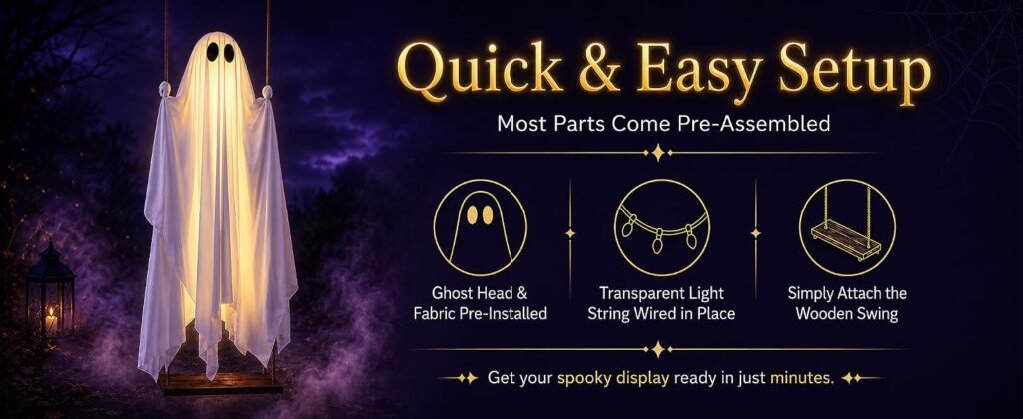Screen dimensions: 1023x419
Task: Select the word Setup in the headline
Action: pos(853,73)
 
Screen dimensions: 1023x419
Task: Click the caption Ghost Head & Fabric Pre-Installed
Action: pos(480,303)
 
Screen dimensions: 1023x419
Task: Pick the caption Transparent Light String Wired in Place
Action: pos(661,303)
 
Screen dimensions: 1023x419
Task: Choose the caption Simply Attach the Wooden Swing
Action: pos(847,303)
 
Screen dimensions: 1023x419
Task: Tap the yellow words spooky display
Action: pos(613,379)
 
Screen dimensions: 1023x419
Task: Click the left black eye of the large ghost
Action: pos(213,52)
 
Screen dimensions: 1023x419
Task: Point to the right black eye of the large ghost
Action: pos(229,53)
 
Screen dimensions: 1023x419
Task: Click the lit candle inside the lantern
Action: pos(51,321)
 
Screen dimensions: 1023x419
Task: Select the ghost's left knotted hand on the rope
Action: pos(164,89)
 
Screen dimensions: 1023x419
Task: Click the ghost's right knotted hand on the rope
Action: pos(266,92)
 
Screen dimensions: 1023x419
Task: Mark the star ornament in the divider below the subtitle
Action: pos(658,153)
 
